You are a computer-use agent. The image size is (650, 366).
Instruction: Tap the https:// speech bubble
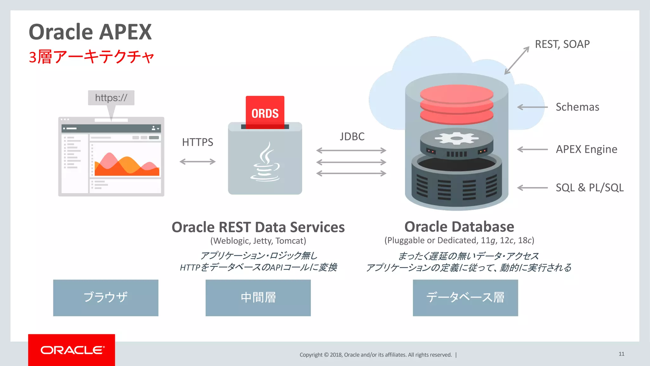click(111, 98)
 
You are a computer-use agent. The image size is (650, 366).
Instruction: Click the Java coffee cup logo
click(265, 162)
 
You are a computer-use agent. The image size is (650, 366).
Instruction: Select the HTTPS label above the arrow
click(197, 142)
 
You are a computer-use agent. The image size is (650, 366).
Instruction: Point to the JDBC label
click(352, 137)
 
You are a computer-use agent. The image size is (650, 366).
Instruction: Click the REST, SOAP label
click(562, 44)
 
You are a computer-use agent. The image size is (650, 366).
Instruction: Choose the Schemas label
click(577, 107)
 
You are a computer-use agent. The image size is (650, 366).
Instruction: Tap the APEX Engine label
click(586, 149)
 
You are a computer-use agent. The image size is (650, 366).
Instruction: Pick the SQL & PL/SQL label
click(589, 188)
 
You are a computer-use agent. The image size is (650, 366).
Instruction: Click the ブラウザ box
click(106, 298)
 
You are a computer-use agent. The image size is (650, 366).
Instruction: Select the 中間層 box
click(258, 298)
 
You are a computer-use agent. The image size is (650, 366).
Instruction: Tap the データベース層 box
click(465, 298)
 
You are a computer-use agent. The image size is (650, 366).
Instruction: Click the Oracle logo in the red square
click(72, 350)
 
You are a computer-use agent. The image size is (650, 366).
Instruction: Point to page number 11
click(621, 354)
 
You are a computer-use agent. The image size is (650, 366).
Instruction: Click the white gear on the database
click(456, 138)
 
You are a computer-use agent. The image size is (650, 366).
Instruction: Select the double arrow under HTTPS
click(197, 162)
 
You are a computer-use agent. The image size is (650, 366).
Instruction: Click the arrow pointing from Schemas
click(532, 107)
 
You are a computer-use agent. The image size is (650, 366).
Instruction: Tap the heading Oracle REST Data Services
click(258, 227)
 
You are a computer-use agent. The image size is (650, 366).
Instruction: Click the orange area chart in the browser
click(127, 165)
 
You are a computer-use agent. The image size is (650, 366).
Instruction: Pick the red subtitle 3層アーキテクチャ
click(91, 57)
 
